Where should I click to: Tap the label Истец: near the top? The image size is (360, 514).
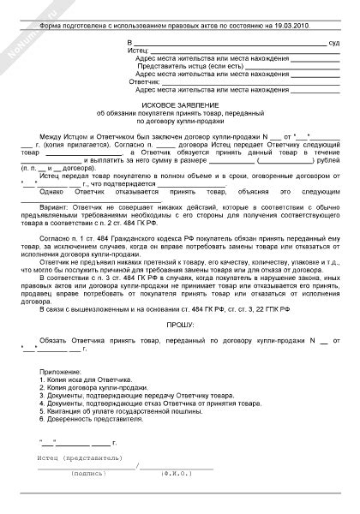coord(138,50)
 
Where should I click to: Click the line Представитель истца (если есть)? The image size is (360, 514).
coord(189,65)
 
